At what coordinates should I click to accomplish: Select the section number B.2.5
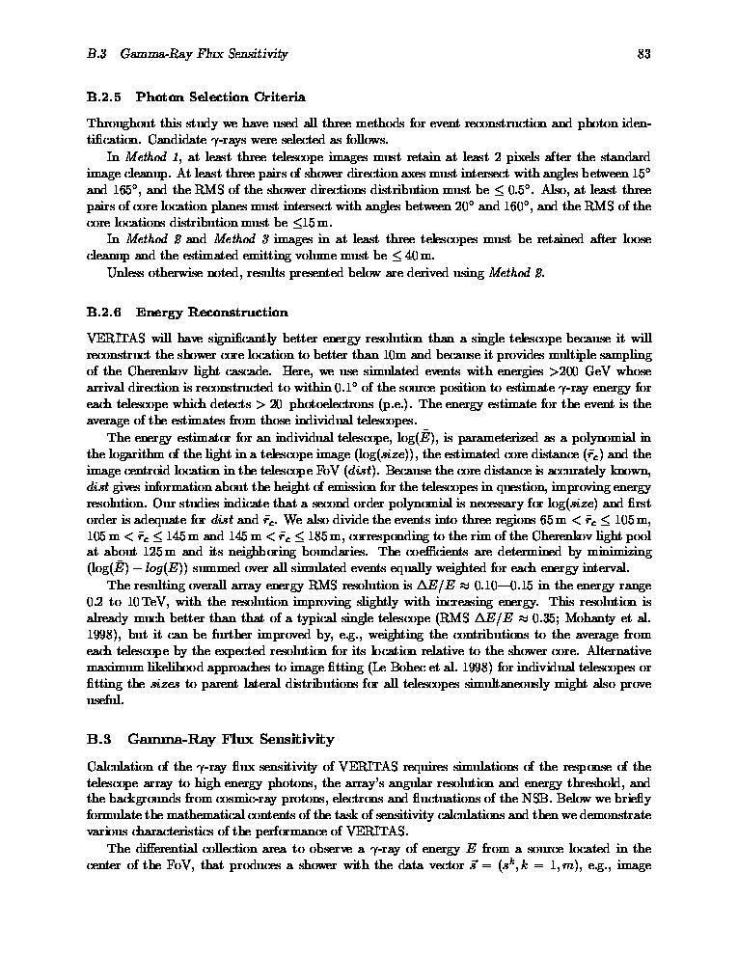[x=104, y=96]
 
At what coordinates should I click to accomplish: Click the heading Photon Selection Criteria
[x=220, y=96]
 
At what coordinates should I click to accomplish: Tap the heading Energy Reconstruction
[x=211, y=313]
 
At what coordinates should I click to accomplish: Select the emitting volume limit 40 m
[x=415, y=256]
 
